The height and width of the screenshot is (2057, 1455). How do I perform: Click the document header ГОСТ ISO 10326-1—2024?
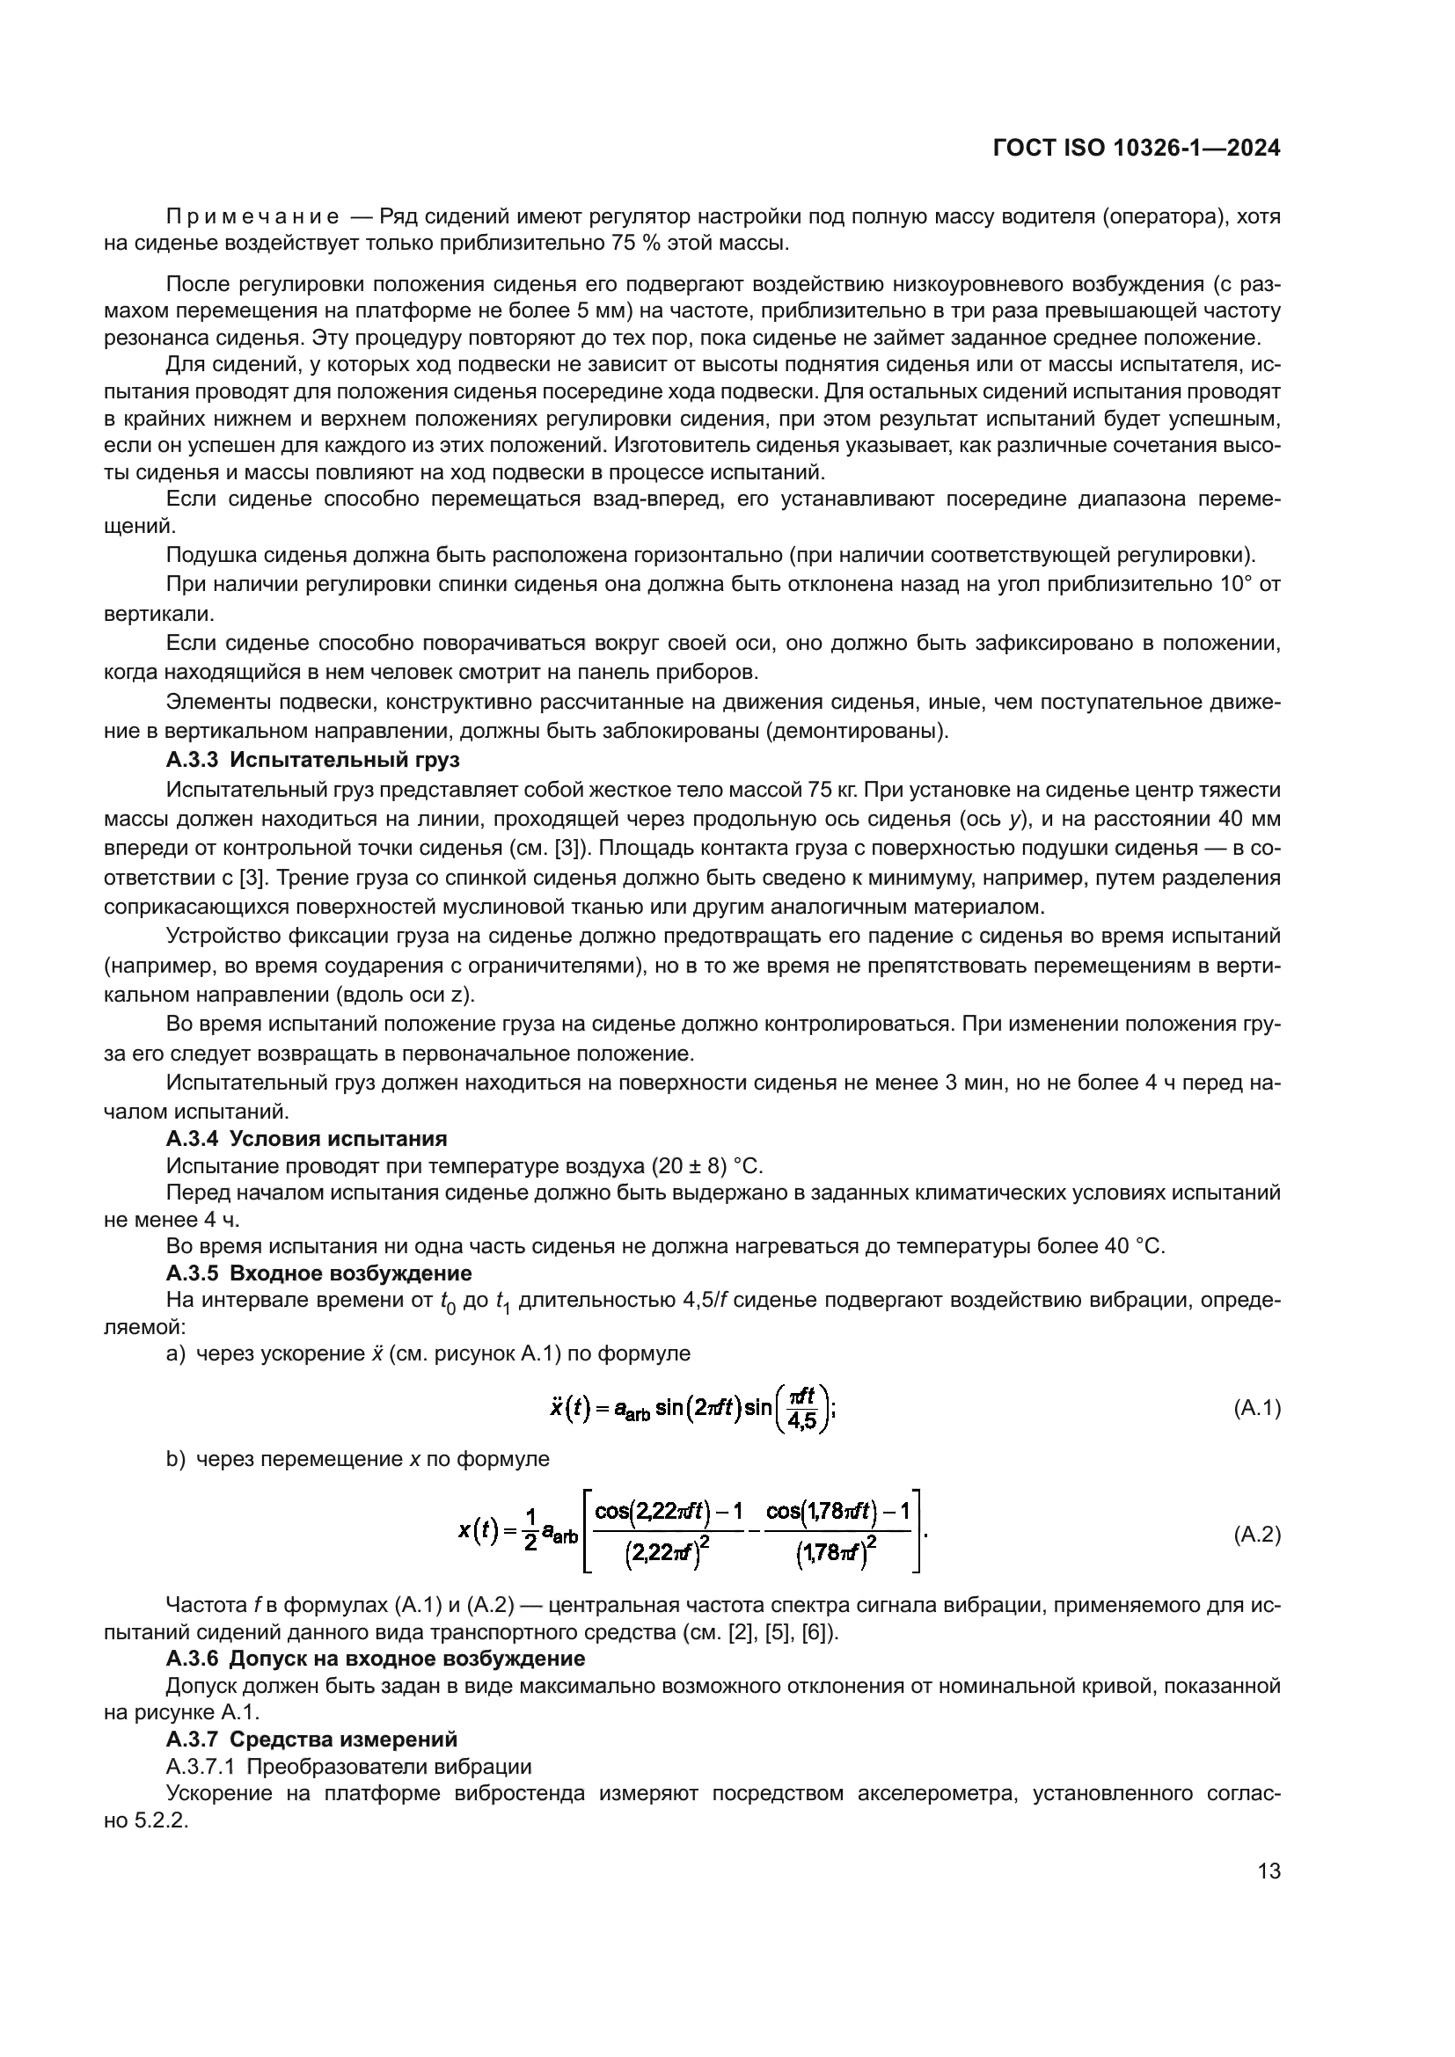1136,148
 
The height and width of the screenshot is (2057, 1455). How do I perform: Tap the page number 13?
1269,1871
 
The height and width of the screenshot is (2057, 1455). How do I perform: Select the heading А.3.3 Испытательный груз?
312,760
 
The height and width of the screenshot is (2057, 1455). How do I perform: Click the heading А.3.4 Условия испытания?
306,1139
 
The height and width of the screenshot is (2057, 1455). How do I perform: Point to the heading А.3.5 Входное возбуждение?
319,1273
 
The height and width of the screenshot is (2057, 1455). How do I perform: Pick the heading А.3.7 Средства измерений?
311,1739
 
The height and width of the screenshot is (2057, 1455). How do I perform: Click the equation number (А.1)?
1257,1408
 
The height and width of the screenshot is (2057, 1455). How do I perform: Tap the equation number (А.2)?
1257,1535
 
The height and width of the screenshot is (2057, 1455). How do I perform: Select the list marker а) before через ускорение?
175,1353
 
